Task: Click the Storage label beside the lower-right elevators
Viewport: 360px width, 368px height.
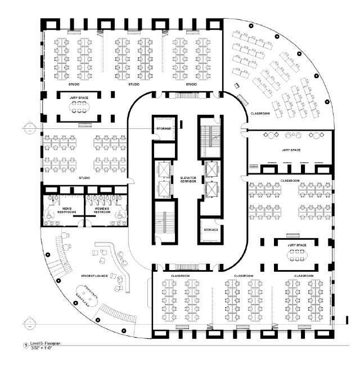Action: [210, 229]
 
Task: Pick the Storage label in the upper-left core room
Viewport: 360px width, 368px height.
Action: [163, 129]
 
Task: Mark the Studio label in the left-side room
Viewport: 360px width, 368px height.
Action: [85, 178]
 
